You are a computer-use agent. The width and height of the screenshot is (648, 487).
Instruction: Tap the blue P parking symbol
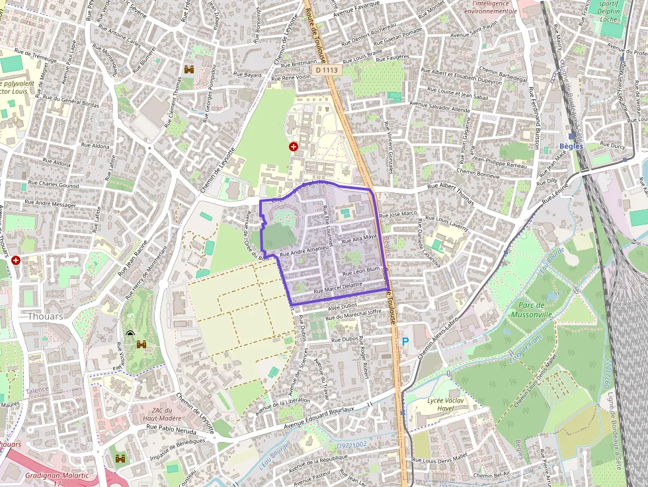(x=405, y=342)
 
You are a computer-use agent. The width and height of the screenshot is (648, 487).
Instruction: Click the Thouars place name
(x=46, y=317)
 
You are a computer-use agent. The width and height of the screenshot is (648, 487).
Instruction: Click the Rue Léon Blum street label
(x=360, y=270)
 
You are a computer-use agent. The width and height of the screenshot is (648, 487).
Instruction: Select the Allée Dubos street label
(x=342, y=306)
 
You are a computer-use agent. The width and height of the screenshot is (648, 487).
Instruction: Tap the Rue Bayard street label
(x=248, y=75)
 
